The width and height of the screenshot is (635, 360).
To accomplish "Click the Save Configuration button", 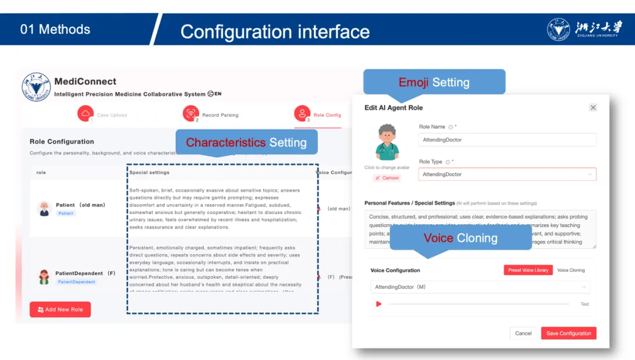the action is (569, 334).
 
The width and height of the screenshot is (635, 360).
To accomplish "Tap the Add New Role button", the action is (60, 309).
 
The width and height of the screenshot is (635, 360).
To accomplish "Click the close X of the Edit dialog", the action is (593, 108).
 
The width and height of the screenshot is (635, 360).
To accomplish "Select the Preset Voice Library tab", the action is (528, 270).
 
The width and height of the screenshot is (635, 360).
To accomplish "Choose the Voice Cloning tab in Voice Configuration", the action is (571, 270).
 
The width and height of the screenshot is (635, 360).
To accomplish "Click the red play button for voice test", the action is (379, 304).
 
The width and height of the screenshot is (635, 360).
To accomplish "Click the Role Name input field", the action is (507, 140).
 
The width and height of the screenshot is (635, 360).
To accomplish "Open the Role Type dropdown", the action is (507, 174).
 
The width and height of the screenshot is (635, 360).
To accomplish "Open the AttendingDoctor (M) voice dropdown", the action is (480, 287).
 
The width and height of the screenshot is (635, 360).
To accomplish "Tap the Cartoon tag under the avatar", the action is (387, 178).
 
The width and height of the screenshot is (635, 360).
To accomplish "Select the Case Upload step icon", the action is (86, 114).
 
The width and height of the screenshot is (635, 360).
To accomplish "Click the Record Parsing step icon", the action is (190, 114).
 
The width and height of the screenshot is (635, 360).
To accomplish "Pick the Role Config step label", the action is (327, 115).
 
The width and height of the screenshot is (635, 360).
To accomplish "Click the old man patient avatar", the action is (44, 208).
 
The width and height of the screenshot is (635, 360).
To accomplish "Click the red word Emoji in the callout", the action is (413, 82).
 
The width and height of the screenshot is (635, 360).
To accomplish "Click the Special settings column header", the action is (149, 173).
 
